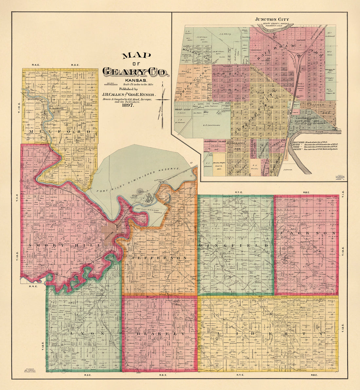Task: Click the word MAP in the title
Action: coord(133,56)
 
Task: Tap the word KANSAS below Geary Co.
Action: coord(135,80)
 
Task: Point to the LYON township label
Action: coord(86,334)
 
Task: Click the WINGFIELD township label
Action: coord(234,245)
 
